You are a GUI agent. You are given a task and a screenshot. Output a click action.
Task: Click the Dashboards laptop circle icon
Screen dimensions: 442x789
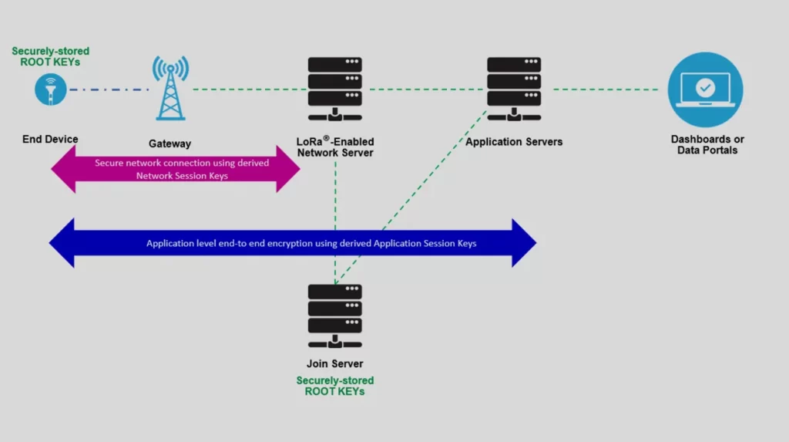tap(705, 89)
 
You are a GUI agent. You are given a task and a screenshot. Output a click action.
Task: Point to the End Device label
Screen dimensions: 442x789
tap(50, 140)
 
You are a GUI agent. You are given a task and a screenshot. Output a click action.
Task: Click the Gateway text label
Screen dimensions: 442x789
tap(170, 144)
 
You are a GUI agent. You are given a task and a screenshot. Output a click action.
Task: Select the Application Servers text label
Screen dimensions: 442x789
tap(514, 142)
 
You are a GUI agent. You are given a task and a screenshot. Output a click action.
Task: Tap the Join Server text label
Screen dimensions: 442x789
tap(334, 364)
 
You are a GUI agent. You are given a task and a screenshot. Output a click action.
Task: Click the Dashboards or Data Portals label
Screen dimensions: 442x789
tap(707, 145)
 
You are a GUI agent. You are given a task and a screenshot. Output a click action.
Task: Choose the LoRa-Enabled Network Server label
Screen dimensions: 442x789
tap(334, 147)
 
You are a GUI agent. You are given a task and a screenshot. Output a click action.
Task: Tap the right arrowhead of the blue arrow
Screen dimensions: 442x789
tap(523, 243)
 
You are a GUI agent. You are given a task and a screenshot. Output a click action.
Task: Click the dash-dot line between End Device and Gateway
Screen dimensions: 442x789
tap(109, 90)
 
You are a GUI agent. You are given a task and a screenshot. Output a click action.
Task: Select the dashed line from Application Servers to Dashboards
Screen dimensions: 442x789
tap(605, 89)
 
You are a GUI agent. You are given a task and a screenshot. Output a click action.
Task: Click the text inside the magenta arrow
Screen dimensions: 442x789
tap(182, 169)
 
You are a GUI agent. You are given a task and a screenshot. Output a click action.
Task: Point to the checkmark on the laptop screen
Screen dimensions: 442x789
tap(705, 89)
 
